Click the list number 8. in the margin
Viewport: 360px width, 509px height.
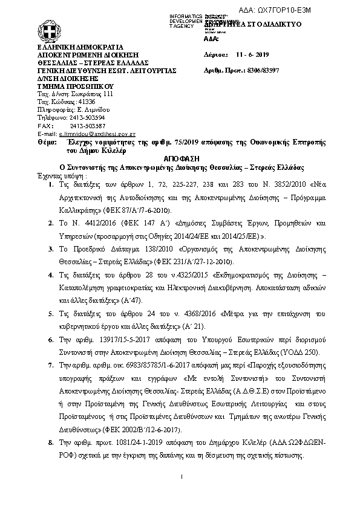(x=51, y=443)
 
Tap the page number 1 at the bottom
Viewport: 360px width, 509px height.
(x=182, y=479)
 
